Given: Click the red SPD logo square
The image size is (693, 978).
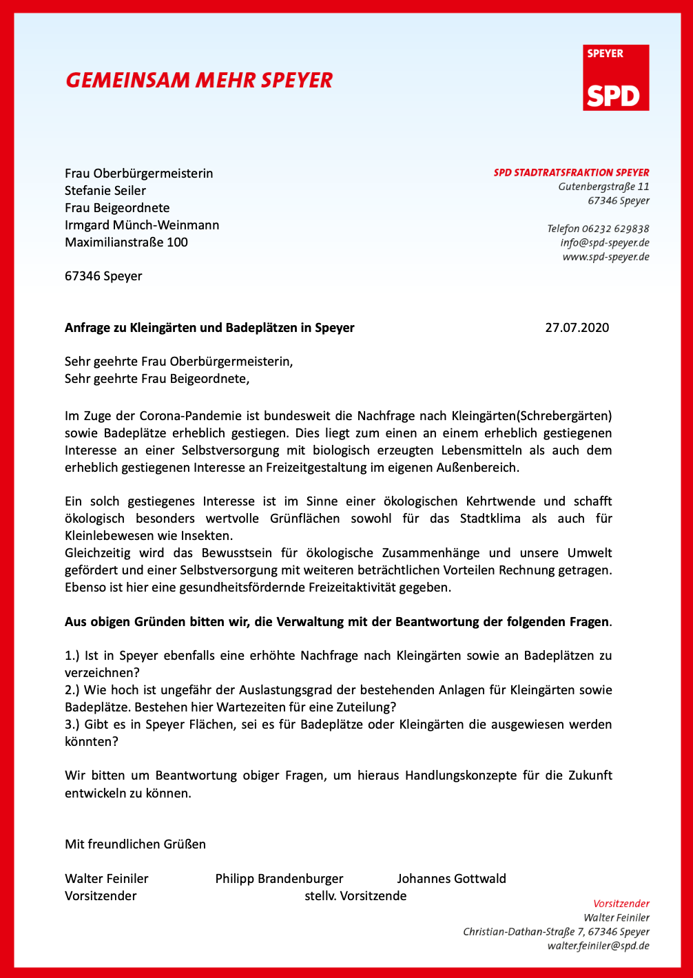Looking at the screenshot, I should tap(617, 78).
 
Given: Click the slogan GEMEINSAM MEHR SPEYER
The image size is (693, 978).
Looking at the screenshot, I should tap(199, 81).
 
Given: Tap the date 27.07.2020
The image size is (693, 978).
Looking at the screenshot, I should tap(577, 328).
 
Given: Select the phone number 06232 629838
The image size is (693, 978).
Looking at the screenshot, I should tap(615, 229).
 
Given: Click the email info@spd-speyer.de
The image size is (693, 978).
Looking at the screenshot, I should tap(604, 242).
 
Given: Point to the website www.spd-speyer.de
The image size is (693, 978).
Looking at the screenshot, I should tap(606, 257).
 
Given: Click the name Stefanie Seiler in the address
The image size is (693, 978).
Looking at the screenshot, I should tap(105, 191).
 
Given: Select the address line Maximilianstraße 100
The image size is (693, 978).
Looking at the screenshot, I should tap(126, 242).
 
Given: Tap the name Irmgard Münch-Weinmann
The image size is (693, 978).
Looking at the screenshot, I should tap(142, 225).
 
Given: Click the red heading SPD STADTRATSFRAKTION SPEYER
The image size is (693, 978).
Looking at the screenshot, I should tap(571, 173).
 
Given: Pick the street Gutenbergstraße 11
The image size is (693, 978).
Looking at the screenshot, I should tap(603, 187).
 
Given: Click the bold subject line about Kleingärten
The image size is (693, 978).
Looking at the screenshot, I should tap(209, 328).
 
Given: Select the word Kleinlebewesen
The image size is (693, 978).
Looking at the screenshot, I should tap(104, 536).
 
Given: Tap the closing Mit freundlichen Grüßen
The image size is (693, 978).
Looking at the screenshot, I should tap(135, 844).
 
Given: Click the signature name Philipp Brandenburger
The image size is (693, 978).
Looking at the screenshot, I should tap(279, 879).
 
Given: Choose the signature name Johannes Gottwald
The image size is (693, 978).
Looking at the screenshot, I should tap(451, 879).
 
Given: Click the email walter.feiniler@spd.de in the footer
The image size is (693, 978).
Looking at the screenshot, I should tap(598, 946).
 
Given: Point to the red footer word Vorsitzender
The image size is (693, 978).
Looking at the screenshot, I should tap(621, 904).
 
